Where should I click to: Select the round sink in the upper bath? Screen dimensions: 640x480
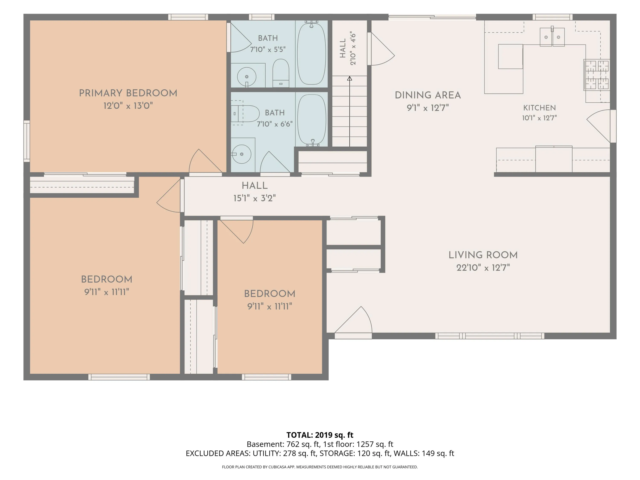point(247,77)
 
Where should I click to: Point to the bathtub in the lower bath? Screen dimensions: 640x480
point(312,119)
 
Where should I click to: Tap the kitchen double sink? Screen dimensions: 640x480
point(552,37)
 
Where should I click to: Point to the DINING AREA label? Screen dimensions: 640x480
point(428,95)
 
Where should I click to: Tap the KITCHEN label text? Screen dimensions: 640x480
point(539,108)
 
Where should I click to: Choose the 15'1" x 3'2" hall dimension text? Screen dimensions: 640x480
point(254,198)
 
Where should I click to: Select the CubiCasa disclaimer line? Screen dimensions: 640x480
point(320,467)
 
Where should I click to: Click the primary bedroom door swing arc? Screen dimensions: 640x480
point(202,161)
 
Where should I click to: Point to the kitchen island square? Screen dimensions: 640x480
point(510,56)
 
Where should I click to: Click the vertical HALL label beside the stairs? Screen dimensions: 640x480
point(343,48)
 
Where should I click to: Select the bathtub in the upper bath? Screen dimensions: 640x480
point(311,54)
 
